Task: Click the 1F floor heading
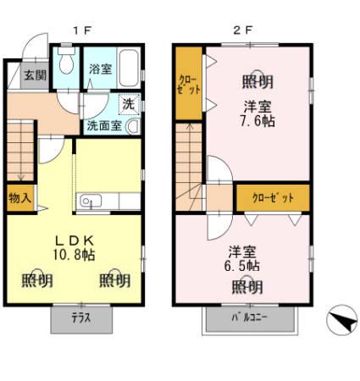pos(81,30)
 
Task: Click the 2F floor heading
pos(243,30)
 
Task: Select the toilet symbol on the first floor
pos(66,66)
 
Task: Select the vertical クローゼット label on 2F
pos(189,85)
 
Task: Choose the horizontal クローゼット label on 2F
pos(273,197)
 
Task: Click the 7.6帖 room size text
pos(258,119)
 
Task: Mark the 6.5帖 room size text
pos(242,266)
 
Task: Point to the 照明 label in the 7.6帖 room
pos(258,82)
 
